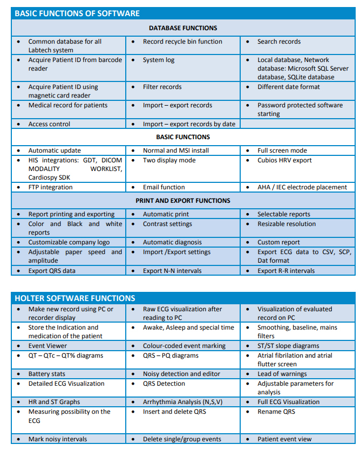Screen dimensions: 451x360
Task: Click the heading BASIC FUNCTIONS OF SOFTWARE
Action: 77,13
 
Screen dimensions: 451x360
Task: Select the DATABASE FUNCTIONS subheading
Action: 183,28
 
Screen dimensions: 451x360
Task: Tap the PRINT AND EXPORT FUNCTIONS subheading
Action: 183,201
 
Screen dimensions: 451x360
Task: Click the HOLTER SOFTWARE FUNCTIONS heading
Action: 74,298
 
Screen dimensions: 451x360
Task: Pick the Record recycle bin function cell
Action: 182,42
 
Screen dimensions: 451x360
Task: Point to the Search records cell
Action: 279,42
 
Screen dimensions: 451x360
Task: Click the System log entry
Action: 159,60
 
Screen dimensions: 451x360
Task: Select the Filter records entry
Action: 162,87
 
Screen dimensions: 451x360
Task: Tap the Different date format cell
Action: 289,87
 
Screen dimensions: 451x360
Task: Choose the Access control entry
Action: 49,124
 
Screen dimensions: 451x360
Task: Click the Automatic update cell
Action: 55,151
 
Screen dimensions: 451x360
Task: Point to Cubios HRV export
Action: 284,160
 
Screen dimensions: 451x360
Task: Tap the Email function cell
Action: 164,187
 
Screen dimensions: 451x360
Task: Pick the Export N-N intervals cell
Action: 172,271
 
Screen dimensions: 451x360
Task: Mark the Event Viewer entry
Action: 47,346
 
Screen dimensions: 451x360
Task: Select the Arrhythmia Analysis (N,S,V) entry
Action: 182,402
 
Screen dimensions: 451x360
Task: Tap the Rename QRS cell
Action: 277,412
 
